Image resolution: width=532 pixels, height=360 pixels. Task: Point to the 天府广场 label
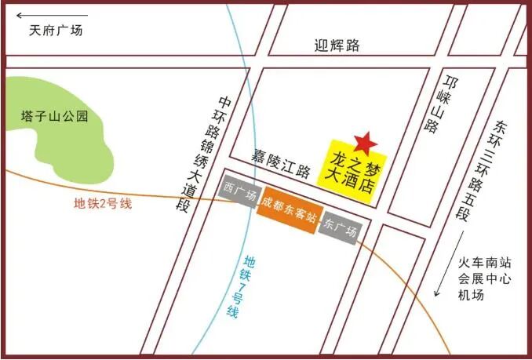click(56, 31)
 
